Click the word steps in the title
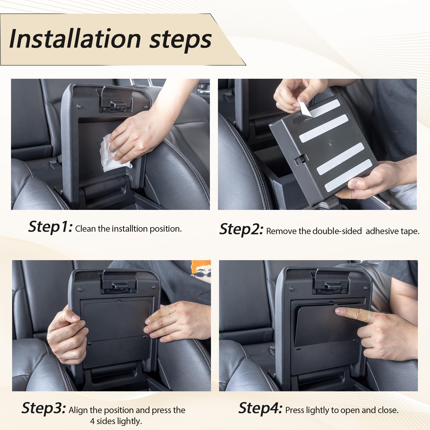click(180, 40)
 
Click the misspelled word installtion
click(130, 229)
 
